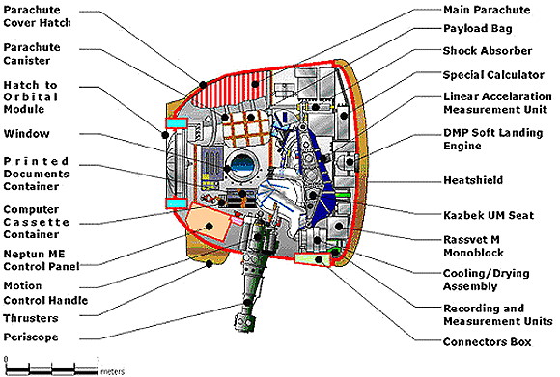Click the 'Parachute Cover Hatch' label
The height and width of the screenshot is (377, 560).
coord(37,16)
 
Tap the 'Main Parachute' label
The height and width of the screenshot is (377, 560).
coord(487,10)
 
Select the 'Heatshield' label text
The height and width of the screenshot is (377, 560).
coord(473,180)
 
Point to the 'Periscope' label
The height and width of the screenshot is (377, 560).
coord(31,337)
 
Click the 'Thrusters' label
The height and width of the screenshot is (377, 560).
coord(30,318)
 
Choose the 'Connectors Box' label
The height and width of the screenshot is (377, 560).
coord(488,341)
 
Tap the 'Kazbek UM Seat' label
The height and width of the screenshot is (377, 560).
coord(489,215)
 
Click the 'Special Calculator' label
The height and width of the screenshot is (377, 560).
coord(493,75)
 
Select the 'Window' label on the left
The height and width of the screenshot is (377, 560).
coord(26,134)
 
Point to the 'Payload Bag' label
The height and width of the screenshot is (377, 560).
coord(478,28)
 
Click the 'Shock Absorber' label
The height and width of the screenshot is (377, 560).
coord(488,51)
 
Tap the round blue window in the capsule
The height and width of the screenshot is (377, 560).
coord(241,165)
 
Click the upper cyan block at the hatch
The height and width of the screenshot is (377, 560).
coord(176,122)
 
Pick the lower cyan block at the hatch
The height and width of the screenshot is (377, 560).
coord(176,203)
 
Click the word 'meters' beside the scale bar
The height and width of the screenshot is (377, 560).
coord(113,371)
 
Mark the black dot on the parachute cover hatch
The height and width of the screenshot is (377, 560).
coord(203,85)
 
